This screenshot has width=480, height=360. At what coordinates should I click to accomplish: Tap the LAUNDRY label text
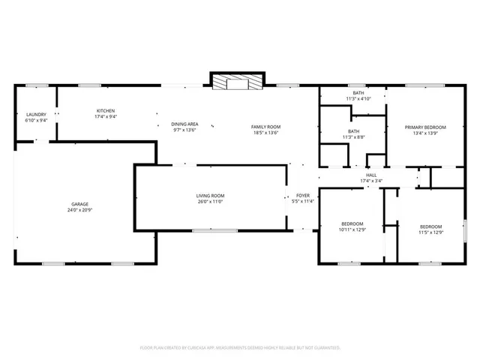(36, 114)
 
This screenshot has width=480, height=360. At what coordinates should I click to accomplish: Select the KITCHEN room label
(105, 110)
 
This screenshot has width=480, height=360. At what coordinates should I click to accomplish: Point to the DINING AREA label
(184, 124)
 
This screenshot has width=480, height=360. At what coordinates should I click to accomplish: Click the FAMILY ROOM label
(265, 127)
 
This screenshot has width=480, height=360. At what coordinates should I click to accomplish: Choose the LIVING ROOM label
(211, 196)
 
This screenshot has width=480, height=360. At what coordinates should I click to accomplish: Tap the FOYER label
(303, 195)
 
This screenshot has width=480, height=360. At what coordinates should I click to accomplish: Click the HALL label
(371, 175)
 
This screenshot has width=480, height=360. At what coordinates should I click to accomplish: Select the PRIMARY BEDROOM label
(421, 127)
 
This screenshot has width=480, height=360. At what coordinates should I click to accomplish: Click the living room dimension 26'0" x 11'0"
(211, 201)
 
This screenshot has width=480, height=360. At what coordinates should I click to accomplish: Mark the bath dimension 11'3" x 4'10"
(358, 99)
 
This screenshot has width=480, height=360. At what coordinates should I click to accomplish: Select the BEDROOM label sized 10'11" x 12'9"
(352, 223)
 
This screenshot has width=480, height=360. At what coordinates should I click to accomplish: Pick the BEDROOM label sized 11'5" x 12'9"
(430, 226)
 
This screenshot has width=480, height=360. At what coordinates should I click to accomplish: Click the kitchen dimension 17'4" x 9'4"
(105, 116)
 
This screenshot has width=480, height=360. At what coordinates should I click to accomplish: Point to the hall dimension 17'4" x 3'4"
(371, 181)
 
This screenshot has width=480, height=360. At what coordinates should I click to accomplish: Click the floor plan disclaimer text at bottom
(240, 348)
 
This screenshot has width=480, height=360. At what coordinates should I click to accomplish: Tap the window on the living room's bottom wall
(205, 231)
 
